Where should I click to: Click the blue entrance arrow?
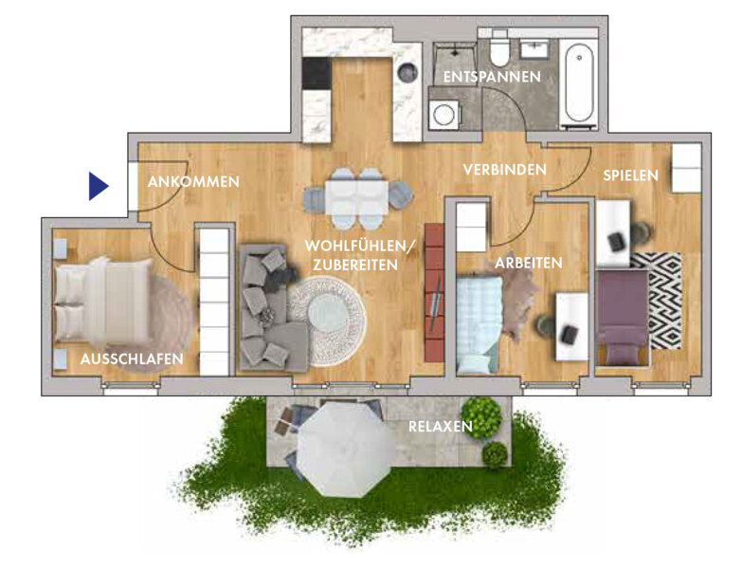click(97, 186)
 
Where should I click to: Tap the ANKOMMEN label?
click(193, 182)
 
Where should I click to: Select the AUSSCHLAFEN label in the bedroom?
click(132, 358)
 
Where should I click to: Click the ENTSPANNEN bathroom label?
click(492, 77)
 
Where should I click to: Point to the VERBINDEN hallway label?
click(505, 170)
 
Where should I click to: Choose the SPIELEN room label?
click(631, 175)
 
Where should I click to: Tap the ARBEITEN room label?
click(529, 263)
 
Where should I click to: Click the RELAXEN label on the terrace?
click(441, 427)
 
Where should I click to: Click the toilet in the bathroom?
click(499, 48)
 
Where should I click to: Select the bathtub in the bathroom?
click(579, 83)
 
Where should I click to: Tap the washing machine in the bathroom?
click(444, 114)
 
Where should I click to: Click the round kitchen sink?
click(407, 72)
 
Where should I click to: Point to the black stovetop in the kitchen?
click(317, 73)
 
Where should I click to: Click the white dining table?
click(357, 197)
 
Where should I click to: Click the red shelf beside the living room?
click(434, 293)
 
